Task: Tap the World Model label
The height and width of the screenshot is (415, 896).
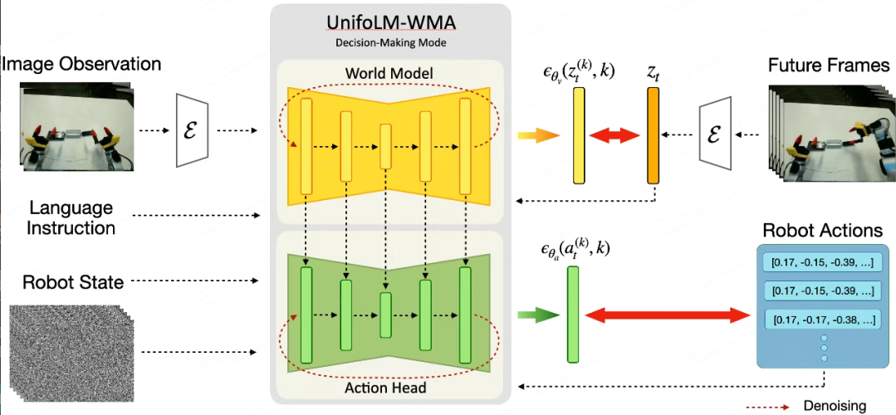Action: pyautogui.click(x=389, y=73)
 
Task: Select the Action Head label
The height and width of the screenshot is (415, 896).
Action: pyautogui.click(x=386, y=388)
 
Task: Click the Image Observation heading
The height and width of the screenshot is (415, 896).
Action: pyautogui.click(x=81, y=64)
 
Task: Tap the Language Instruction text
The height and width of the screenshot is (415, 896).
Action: pyautogui.click(x=71, y=217)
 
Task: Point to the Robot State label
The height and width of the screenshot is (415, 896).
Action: pyautogui.click(x=76, y=282)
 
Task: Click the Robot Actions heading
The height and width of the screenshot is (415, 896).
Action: pyautogui.click(x=824, y=231)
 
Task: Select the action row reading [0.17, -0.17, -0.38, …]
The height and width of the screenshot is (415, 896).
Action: pyautogui.click(x=822, y=318)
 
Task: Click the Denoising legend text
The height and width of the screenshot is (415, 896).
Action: pyautogui.click(x=835, y=406)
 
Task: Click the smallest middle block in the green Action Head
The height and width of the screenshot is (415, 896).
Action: pyautogui.click(x=385, y=315)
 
